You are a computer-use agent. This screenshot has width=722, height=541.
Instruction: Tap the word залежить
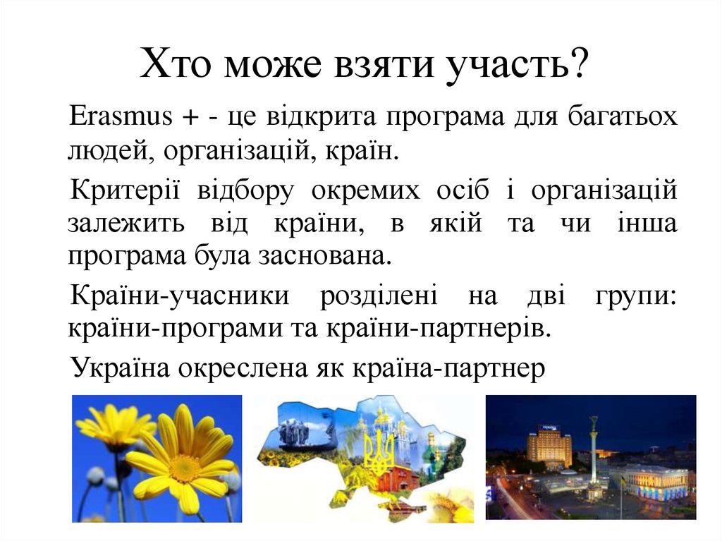(126, 224)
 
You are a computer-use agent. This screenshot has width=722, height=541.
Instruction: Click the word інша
(649, 224)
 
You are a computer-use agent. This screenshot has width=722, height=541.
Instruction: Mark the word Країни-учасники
(180, 296)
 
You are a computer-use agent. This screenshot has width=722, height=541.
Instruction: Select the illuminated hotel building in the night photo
(549, 447)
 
